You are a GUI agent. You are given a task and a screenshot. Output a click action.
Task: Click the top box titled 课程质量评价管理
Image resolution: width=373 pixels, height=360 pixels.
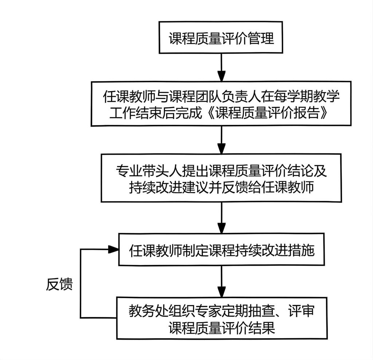tap(221, 37)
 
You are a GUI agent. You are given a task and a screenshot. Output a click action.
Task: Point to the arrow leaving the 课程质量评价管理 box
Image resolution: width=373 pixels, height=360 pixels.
tap(221, 68)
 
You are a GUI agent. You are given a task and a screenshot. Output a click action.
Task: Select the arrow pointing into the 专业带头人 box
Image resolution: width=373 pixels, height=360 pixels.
tap(221, 140)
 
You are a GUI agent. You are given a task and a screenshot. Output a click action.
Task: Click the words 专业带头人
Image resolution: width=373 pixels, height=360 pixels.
tap(149, 171)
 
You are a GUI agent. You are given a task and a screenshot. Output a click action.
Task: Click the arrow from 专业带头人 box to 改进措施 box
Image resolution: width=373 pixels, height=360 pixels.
tap(221, 218)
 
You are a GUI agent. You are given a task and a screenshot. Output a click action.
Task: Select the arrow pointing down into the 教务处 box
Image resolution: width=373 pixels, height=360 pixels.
tap(221, 281)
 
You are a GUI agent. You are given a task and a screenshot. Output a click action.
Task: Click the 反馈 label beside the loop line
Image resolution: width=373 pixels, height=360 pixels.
tap(59, 284)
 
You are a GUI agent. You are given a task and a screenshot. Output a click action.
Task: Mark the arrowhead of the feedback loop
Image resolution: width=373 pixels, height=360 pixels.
tap(114, 249)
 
